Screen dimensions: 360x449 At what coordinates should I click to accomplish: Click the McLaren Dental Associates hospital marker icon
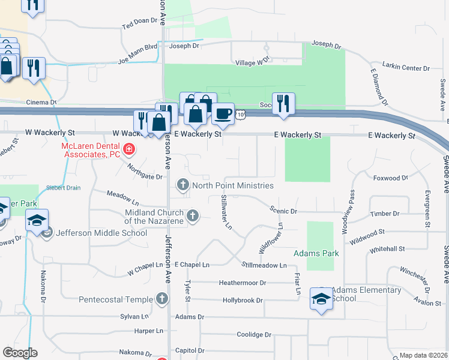click(128, 149)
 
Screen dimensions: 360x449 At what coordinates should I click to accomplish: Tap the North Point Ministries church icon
click(182, 185)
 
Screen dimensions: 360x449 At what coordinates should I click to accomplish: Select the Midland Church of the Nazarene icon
click(193, 215)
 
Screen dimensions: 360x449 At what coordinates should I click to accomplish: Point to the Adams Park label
click(316, 253)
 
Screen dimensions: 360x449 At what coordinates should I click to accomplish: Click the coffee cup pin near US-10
click(223, 113)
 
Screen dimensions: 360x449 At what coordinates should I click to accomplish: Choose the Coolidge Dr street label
click(254, 334)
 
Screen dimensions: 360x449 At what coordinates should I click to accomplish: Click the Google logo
click(20, 353)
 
